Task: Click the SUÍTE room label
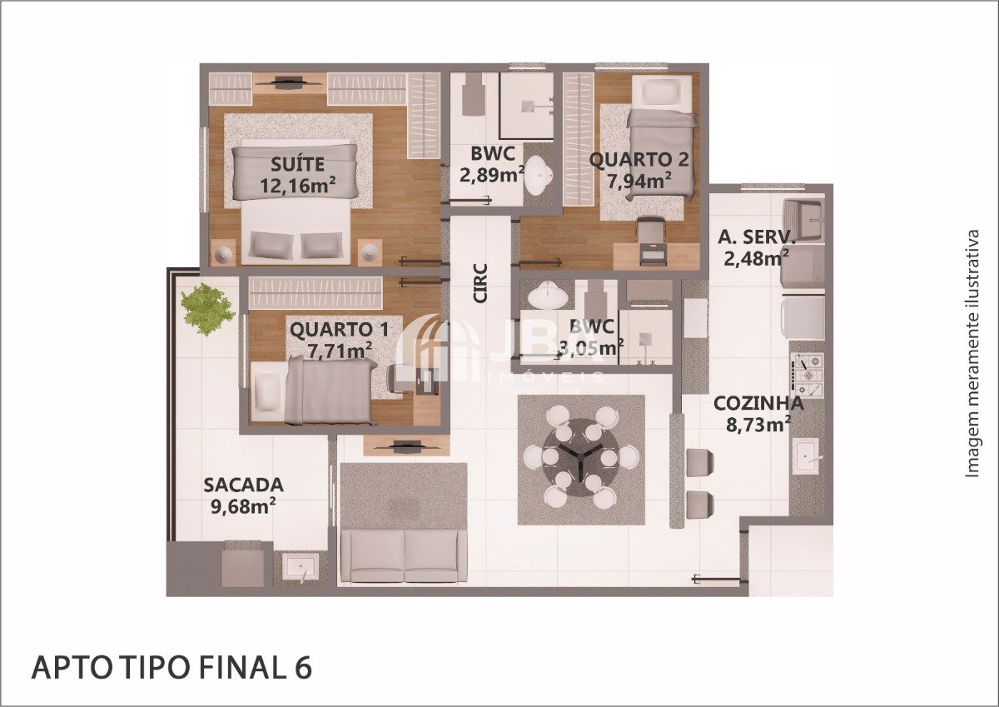(x=297, y=164)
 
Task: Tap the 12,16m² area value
(x=297, y=185)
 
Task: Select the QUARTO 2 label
(x=639, y=160)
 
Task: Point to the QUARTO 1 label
(x=339, y=330)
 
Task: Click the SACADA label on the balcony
(x=243, y=485)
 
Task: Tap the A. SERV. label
(x=757, y=236)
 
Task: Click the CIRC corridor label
(x=481, y=284)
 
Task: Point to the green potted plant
(x=207, y=309)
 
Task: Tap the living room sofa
(x=404, y=555)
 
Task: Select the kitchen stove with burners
(x=808, y=374)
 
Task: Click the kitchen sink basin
(x=806, y=456)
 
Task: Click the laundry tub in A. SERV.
(x=803, y=219)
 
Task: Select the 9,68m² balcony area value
(x=242, y=506)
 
